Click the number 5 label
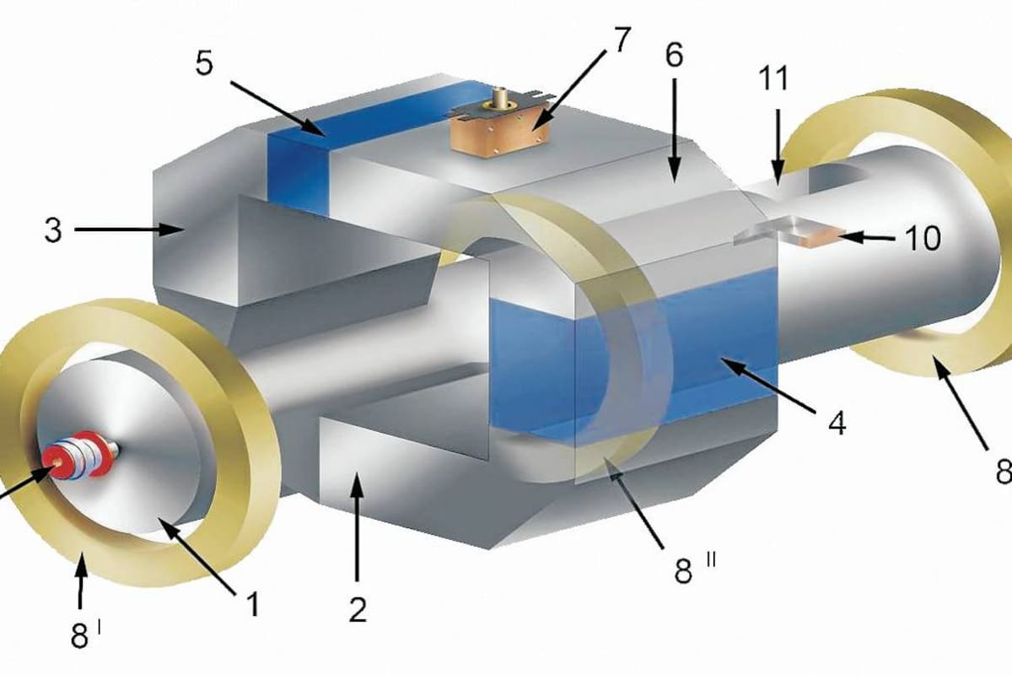[204, 64]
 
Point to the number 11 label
[773, 78]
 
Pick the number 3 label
[53, 230]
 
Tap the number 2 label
[358, 610]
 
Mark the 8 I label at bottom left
[85, 635]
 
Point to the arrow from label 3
[130, 230]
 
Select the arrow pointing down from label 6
[674, 131]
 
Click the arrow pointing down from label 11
[777, 148]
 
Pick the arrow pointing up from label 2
[357, 526]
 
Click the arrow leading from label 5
[277, 109]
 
